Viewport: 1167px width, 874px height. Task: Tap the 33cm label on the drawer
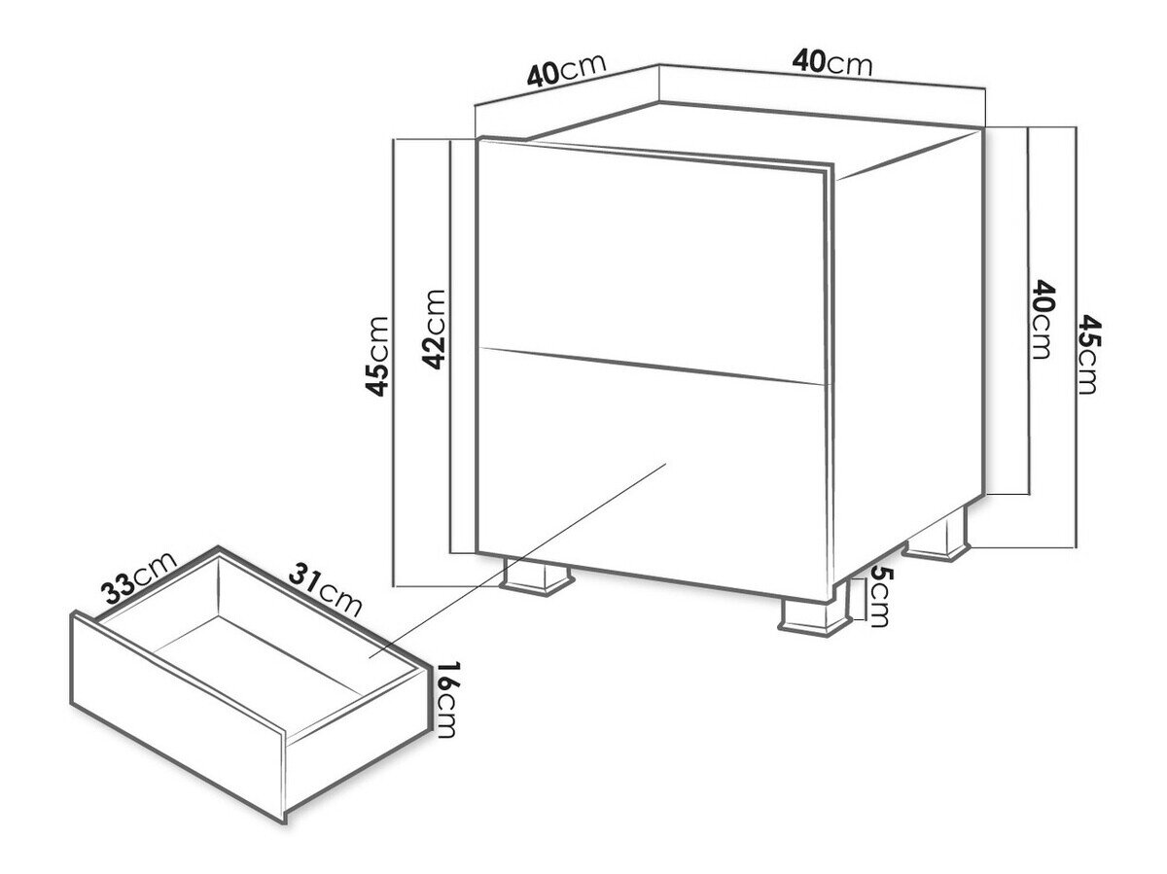[x=139, y=577]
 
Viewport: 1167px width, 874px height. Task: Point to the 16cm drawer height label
[x=446, y=700]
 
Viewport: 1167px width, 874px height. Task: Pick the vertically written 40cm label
[x=1041, y=320]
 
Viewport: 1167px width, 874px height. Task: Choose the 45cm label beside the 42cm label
[x=378, y=357]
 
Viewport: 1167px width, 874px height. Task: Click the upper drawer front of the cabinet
[x=651, y=259]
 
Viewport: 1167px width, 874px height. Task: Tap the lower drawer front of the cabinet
[x=652, y=472]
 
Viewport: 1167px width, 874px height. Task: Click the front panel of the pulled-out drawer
[x=179, y=717]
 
